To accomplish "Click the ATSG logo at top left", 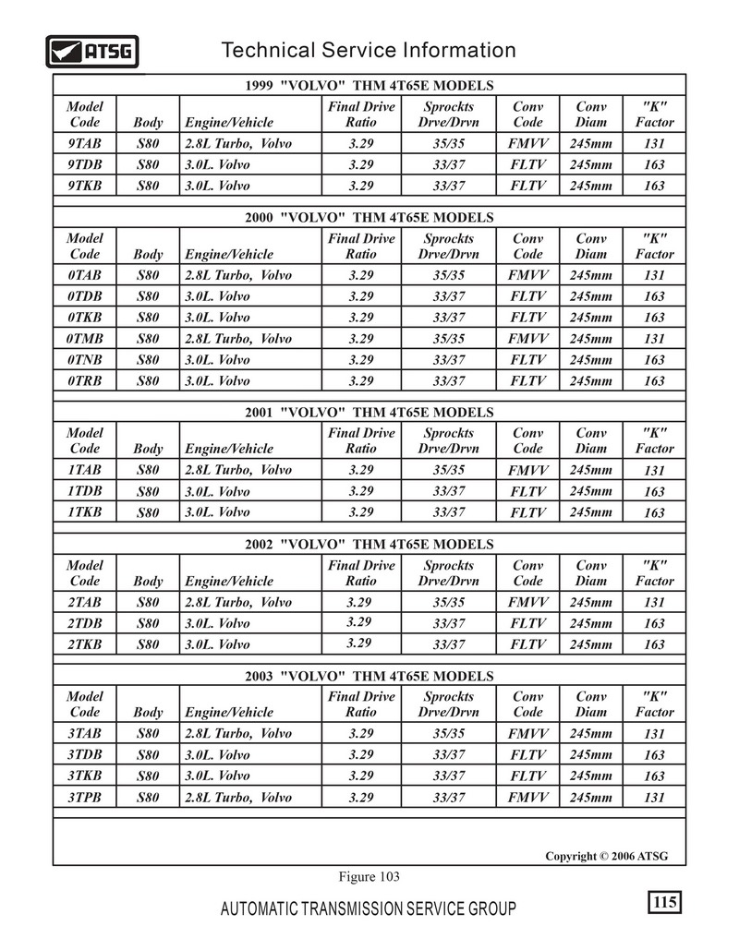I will click(x=92, y=51).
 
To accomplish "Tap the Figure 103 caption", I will click(x=369, y=876).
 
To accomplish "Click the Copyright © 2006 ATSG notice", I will click(x=606, y=856).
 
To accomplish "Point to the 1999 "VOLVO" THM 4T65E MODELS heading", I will click(x=369, y=85).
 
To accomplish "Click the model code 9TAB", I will click(x=85, y=144).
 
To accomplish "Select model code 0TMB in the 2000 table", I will click(x=85, y=339).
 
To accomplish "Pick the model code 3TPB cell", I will click(x=85, y=797).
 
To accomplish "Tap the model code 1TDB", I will click(x=85, y=491).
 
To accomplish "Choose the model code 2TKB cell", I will click(x=85, y=644).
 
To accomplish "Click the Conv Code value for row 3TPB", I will click(x=528, y=797).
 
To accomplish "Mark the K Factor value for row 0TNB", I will click(x=654, y=360).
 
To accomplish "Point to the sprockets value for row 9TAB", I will click(x=449, y=144).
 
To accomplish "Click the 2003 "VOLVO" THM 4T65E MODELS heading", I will click(x=369, y=677).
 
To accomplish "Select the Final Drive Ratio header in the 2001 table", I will click(x=361, y=440).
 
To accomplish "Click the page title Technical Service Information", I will click(x=369, y=50).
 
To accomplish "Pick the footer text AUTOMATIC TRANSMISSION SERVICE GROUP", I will click(x=369, y=909).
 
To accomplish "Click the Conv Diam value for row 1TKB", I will click(x=591, y=512).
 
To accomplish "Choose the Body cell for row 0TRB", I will click(x=148, y=380).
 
